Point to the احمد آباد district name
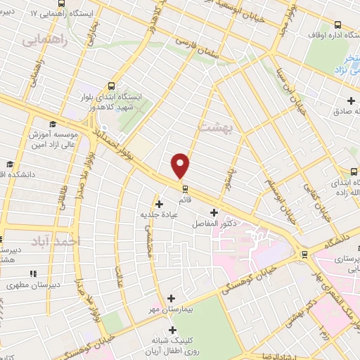[56, 241]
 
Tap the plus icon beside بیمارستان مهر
[171, 298]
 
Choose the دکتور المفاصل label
[214, 223]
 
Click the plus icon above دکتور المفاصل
[213, 212]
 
